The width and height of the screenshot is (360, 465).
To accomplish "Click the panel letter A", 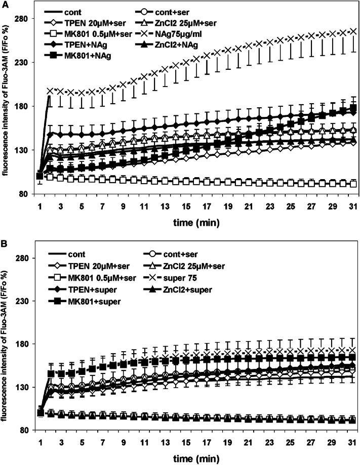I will point(5,5).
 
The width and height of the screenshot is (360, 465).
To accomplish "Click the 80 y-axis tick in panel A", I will point(29,194).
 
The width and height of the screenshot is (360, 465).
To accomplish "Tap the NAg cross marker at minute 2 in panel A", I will point(50,91).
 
